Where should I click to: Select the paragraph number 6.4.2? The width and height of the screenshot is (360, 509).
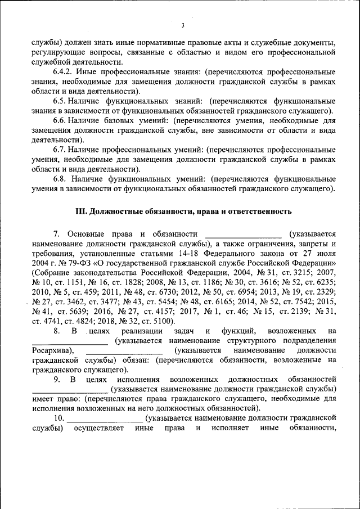pos(65,72)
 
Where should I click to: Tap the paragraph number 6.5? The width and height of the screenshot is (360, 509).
pos(61,101)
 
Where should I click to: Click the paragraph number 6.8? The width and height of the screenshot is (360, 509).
pos(61,178)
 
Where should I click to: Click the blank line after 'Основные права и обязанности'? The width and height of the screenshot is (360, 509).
pos(244,233)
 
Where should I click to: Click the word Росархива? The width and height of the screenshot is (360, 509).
pos(50,350)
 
